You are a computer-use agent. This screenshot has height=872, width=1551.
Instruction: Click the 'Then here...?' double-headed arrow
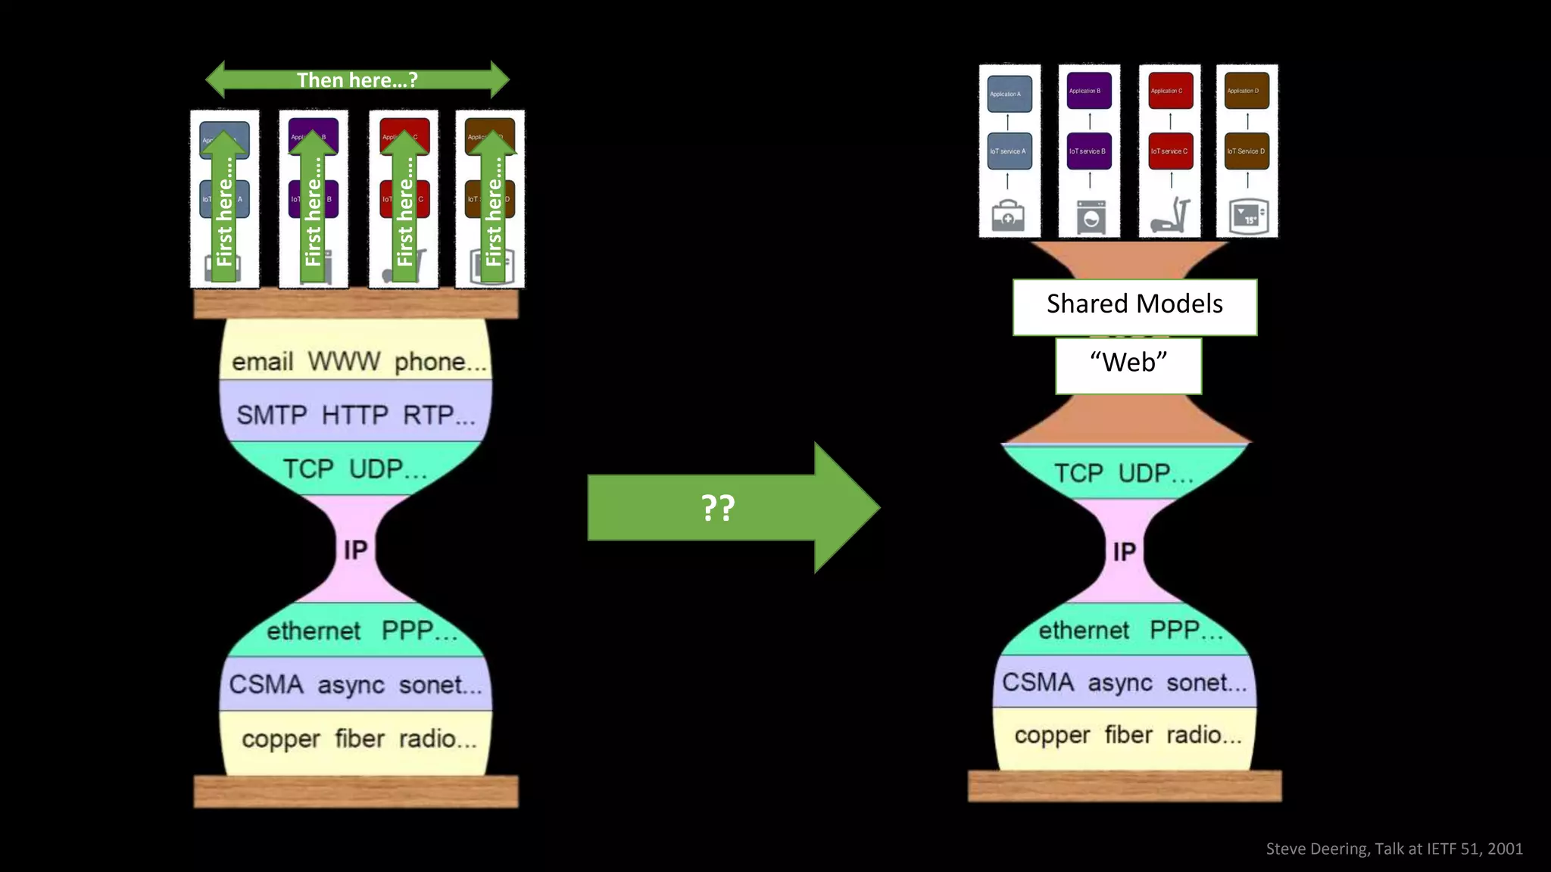click(357, 79)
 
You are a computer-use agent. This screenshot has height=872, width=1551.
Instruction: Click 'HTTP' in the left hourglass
click(354, 415)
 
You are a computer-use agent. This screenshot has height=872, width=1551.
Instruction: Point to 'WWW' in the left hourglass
click(344, 362)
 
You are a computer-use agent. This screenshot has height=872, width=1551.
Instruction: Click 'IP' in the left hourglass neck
click(355, 550)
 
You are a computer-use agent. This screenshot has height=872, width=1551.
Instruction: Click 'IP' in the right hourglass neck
click(1125, 552)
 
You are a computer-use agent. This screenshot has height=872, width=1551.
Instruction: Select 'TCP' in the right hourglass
click(1078, 474)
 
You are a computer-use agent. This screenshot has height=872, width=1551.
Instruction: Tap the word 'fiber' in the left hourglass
click(360, 739)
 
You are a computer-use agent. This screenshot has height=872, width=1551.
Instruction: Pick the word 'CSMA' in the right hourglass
click(1037, 683)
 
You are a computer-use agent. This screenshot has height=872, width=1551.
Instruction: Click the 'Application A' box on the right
click(1009, 95)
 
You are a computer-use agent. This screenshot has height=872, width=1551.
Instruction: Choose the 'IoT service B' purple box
click(1089, 151)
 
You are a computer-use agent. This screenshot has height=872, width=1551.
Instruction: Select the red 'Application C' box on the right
click(1170, 91)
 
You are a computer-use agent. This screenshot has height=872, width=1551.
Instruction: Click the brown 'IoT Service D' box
click(1247, 151)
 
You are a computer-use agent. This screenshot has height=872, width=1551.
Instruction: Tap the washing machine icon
click(1091, 217)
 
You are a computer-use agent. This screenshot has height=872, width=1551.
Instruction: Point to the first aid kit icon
click(1009, 216)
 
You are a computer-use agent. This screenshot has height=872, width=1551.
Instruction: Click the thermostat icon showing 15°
click(1247, 217)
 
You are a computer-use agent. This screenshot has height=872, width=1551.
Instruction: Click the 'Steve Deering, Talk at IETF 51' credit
click(1393, 849)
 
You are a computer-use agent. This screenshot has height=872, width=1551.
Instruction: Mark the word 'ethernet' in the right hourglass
click(1084, 631)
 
